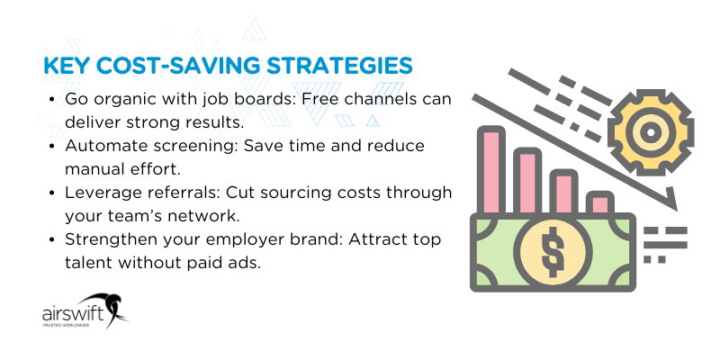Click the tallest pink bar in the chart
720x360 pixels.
click(491, 170)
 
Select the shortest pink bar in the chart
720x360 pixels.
click(597, 202)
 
